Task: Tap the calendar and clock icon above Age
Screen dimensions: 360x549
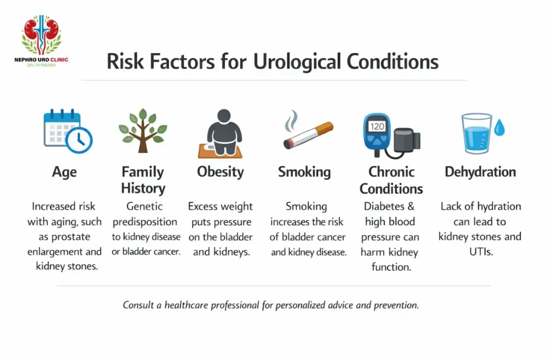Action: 68,130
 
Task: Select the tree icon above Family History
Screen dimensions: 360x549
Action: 143,130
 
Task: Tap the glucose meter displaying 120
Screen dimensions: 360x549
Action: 377,133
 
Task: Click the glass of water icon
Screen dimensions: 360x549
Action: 476,134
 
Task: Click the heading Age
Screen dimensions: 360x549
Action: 64,172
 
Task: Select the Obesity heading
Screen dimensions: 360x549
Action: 220,172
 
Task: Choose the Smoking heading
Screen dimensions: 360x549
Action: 304,172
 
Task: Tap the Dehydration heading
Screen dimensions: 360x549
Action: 480,172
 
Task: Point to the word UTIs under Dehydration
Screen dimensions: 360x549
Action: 480,251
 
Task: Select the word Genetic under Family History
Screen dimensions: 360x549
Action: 144,207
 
